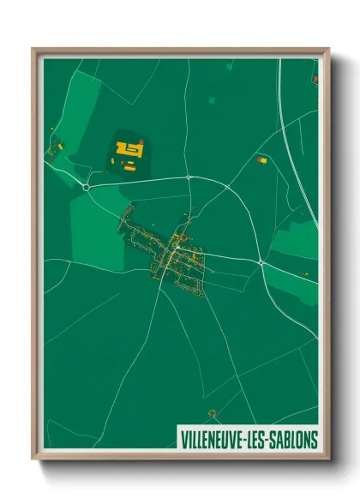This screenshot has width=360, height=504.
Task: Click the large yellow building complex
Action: click(129, 150)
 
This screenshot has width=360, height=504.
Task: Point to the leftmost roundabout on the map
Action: click(87, 186)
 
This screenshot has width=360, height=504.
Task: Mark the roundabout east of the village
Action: click(261, 263)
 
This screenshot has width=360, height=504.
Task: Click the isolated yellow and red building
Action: click(262, 159)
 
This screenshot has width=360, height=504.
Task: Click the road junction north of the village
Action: click(188, 177)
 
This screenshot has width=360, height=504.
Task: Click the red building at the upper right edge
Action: click(315, 79)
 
